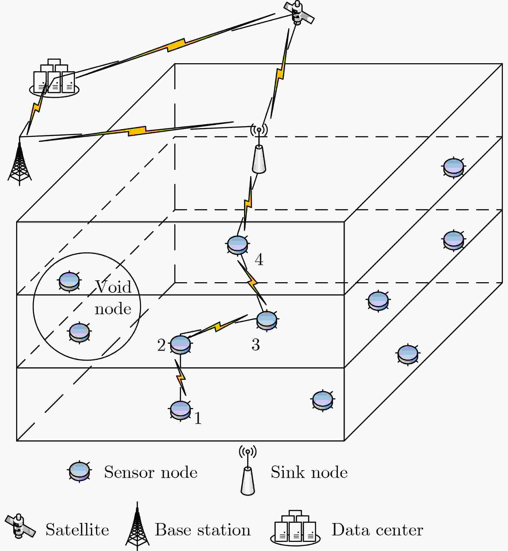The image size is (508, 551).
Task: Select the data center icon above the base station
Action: click(54, 78)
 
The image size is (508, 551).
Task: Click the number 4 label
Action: click(259, 260)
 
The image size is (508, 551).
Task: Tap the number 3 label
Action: click(256, 345)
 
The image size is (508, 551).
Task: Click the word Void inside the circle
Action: click(113, 287)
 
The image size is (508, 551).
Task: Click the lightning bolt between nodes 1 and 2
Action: click(180, 377)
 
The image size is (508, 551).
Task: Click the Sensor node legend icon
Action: click(80, 472)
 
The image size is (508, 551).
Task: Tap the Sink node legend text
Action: click(309, 472)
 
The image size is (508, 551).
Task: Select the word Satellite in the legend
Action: click(77, 530)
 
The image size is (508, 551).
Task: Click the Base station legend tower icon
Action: click(137, 526)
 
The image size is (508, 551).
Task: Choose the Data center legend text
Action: click(377, 530)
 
